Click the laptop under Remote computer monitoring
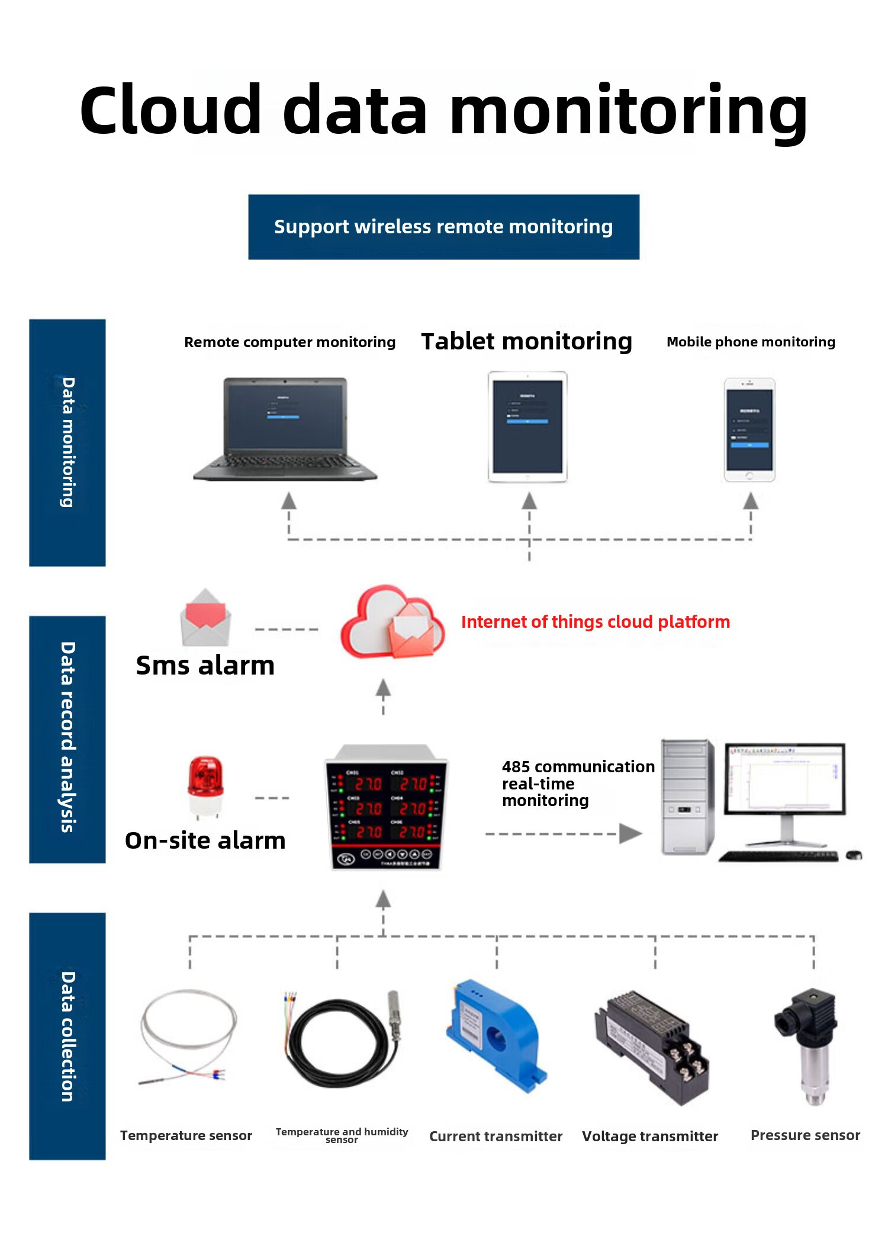(x=285, y=429)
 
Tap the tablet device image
(x=527, y=426)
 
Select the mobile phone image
(x=749, y=429)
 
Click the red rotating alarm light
(x=205, y=785)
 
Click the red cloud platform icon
(x=392, y=622)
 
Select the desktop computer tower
(x=687, y=797)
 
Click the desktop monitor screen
(x=785, y=777)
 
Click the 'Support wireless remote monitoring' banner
(x=443, y=227)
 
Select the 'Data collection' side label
(x=67, y=1036)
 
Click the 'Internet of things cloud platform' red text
(x=595, y=622)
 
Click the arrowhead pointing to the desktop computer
(x=630, y=833)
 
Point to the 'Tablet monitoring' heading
(x=526, y=342)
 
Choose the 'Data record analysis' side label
(x=67, y=738)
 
